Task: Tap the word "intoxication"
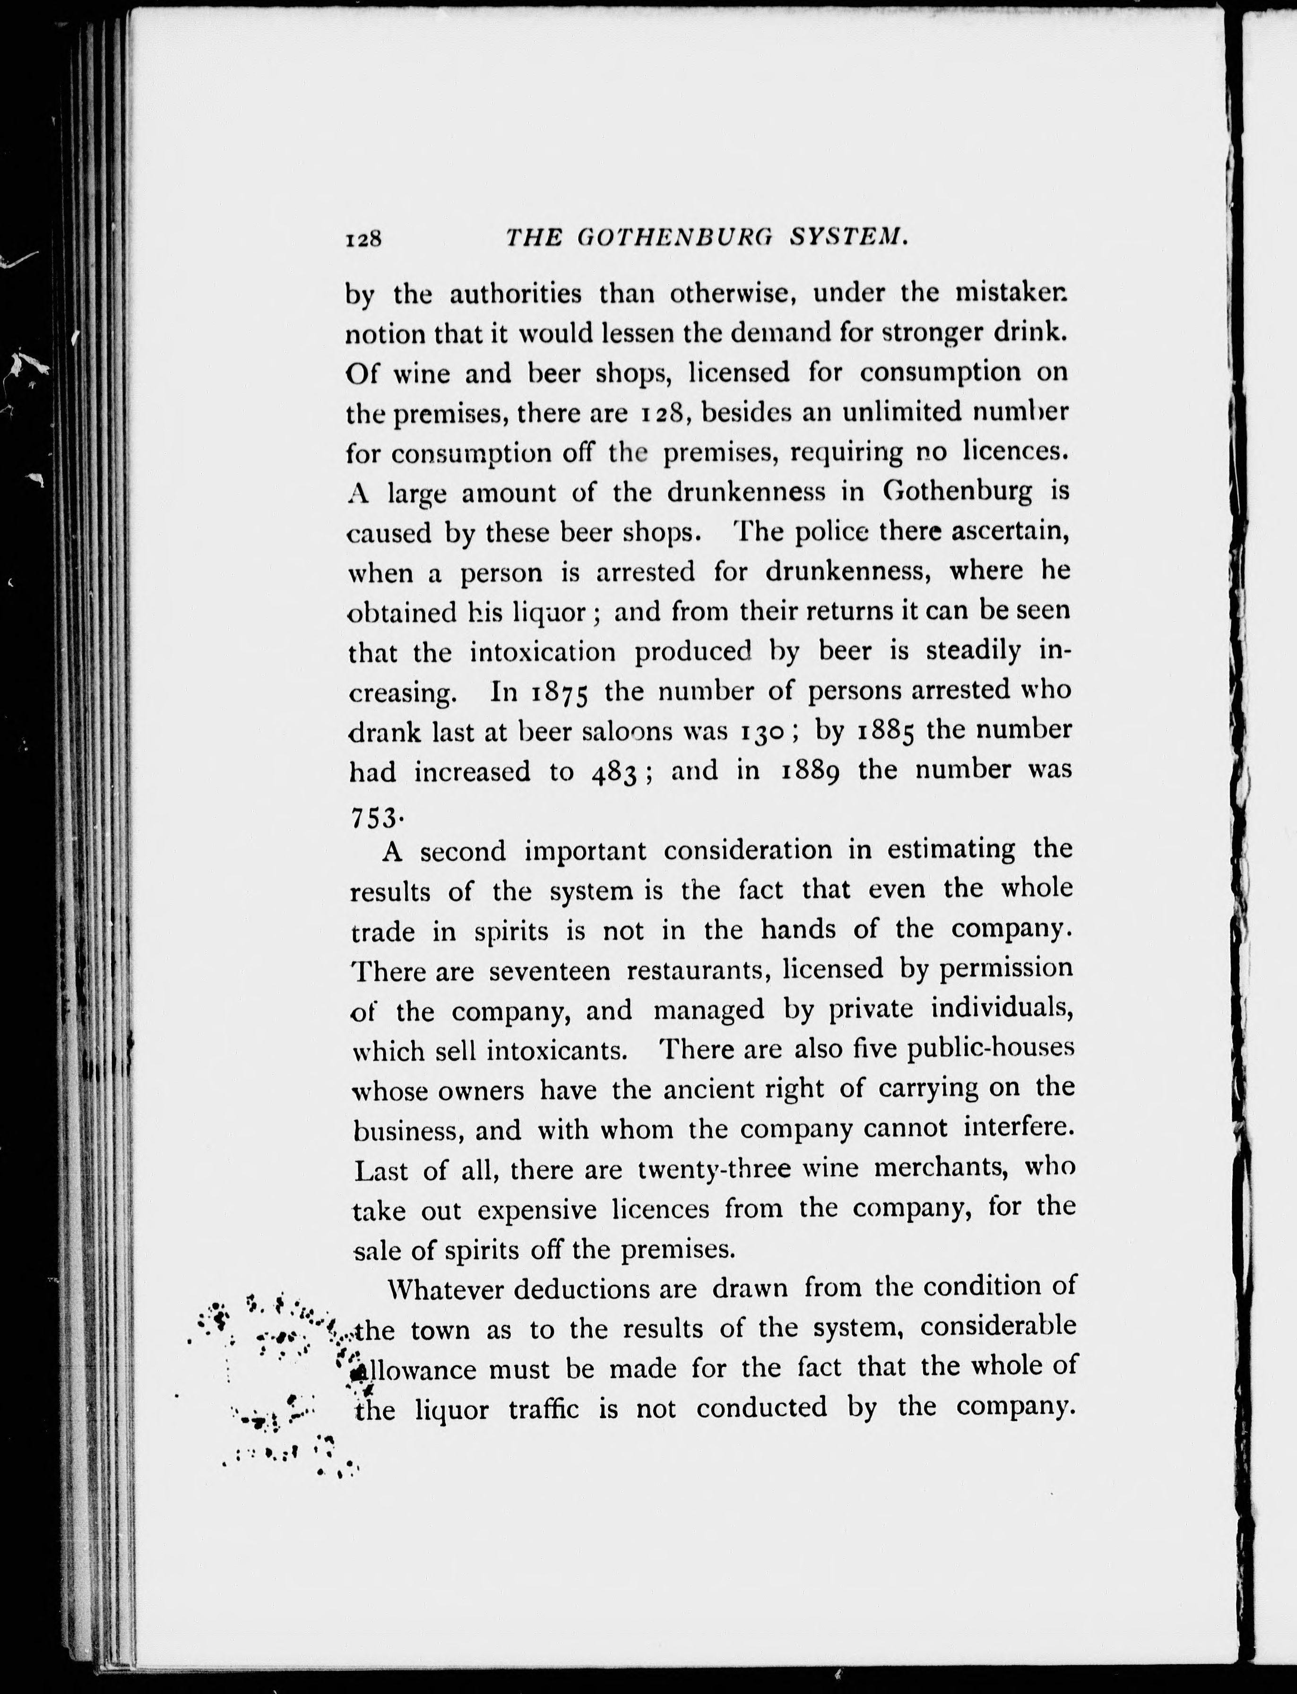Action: tap(543, 652)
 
